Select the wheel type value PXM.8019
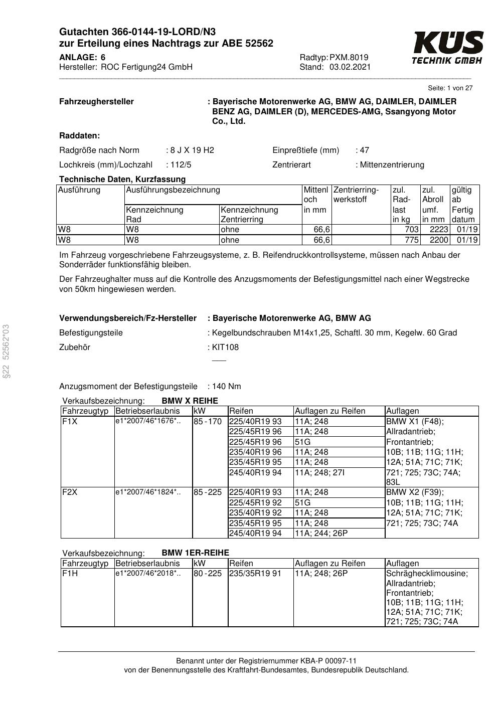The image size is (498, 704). click(349, 57)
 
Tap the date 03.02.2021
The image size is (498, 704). click(350, 67)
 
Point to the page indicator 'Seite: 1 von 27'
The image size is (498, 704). click(450, 88)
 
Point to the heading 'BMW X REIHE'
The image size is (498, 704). click(190, 401)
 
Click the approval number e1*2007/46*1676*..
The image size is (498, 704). click(147, 421)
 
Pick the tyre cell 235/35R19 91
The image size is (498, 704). click(255, 573)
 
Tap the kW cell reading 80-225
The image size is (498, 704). click(208, 573)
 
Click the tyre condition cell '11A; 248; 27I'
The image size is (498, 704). click(319, 472)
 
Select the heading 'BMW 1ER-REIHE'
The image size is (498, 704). click(195, 553)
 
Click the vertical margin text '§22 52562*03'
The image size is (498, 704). click(6, 351)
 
